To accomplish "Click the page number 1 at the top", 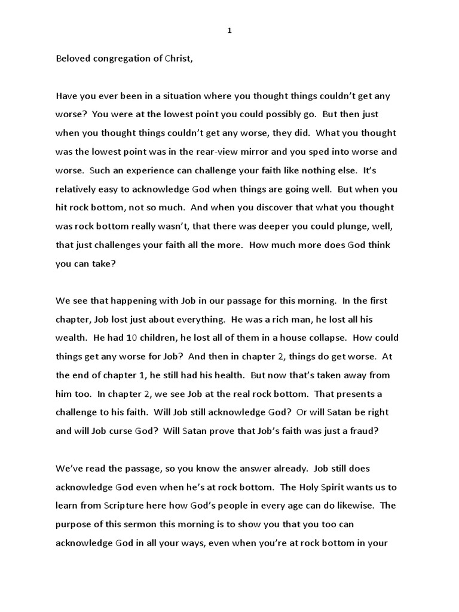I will (x=229, y=31).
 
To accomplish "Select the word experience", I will (x=144, y=170).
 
